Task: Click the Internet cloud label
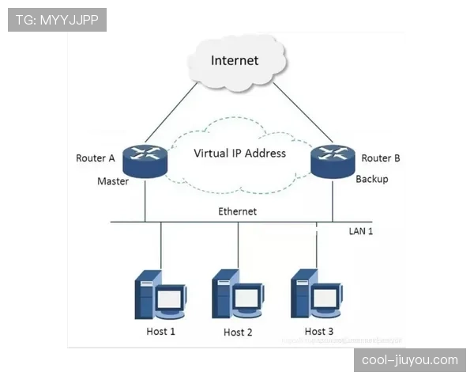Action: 235,60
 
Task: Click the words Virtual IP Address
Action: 240,154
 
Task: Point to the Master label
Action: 112,181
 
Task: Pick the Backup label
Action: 371,179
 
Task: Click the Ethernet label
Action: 237,211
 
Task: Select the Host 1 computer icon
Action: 160,294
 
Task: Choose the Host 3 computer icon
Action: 316,294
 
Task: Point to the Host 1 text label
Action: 160,331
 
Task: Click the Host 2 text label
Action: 238,332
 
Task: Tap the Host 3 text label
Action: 318,331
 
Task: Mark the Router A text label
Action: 96,158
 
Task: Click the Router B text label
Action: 381,158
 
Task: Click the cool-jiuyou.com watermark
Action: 410,360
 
